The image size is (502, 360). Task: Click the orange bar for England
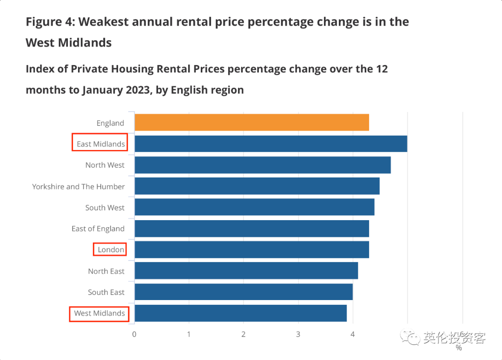pos(251,123)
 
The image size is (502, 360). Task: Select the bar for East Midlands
pos(271,144)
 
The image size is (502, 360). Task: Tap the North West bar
pos(262,165)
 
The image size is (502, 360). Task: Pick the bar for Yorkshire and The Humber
pos(257,186)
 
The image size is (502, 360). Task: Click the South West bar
pos(254,207)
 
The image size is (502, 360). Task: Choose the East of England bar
pos(251,229)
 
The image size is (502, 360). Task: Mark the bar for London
pos(251,249)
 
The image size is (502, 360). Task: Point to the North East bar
pos(246,271)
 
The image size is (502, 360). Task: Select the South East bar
pos(243,292)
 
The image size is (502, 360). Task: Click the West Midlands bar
pos(240,313)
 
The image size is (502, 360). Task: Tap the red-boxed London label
pos(111,249)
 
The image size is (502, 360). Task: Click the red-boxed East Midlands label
pos(100,144)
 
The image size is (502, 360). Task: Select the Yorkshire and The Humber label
pos(78,187)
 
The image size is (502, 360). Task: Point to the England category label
pos(110,123)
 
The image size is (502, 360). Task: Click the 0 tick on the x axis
pos(134,334)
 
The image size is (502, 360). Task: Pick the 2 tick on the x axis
pos(244,334)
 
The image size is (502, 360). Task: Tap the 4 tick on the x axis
pos(353,334)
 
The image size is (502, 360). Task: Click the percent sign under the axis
pos(459,347)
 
